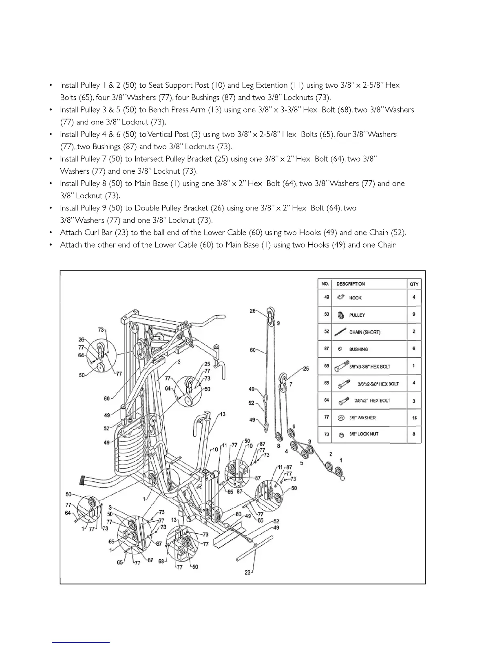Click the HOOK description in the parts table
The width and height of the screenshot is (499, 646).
(355, 298)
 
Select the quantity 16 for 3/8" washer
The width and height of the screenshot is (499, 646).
(414, 418)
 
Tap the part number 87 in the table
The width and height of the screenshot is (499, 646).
(326, 349)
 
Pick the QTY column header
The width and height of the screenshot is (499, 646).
(414, 284)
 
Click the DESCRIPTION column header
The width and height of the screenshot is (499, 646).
(350, 284)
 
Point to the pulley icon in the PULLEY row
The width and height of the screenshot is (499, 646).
(340, 315)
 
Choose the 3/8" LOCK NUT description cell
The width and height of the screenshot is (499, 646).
(364, 434)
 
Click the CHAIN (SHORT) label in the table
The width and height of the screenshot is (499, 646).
(364, 332)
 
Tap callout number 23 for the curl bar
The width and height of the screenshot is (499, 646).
(247, 572)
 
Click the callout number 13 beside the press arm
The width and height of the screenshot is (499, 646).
(223, 414)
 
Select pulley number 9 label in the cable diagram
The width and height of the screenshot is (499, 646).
(278, 323)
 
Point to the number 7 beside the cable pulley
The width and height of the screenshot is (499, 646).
(291, 384)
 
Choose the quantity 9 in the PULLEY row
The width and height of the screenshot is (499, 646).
(414, 314)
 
